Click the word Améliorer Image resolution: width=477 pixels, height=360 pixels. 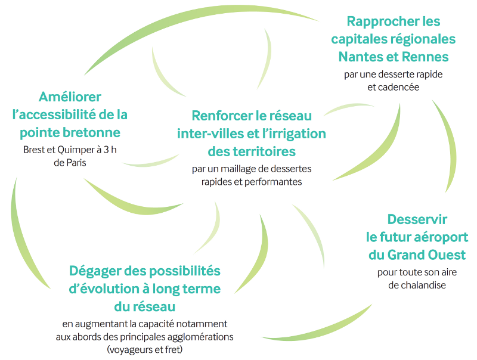(70, 97)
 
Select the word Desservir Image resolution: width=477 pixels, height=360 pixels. (417, 219)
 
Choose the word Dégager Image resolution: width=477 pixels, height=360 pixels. (95, 272)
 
